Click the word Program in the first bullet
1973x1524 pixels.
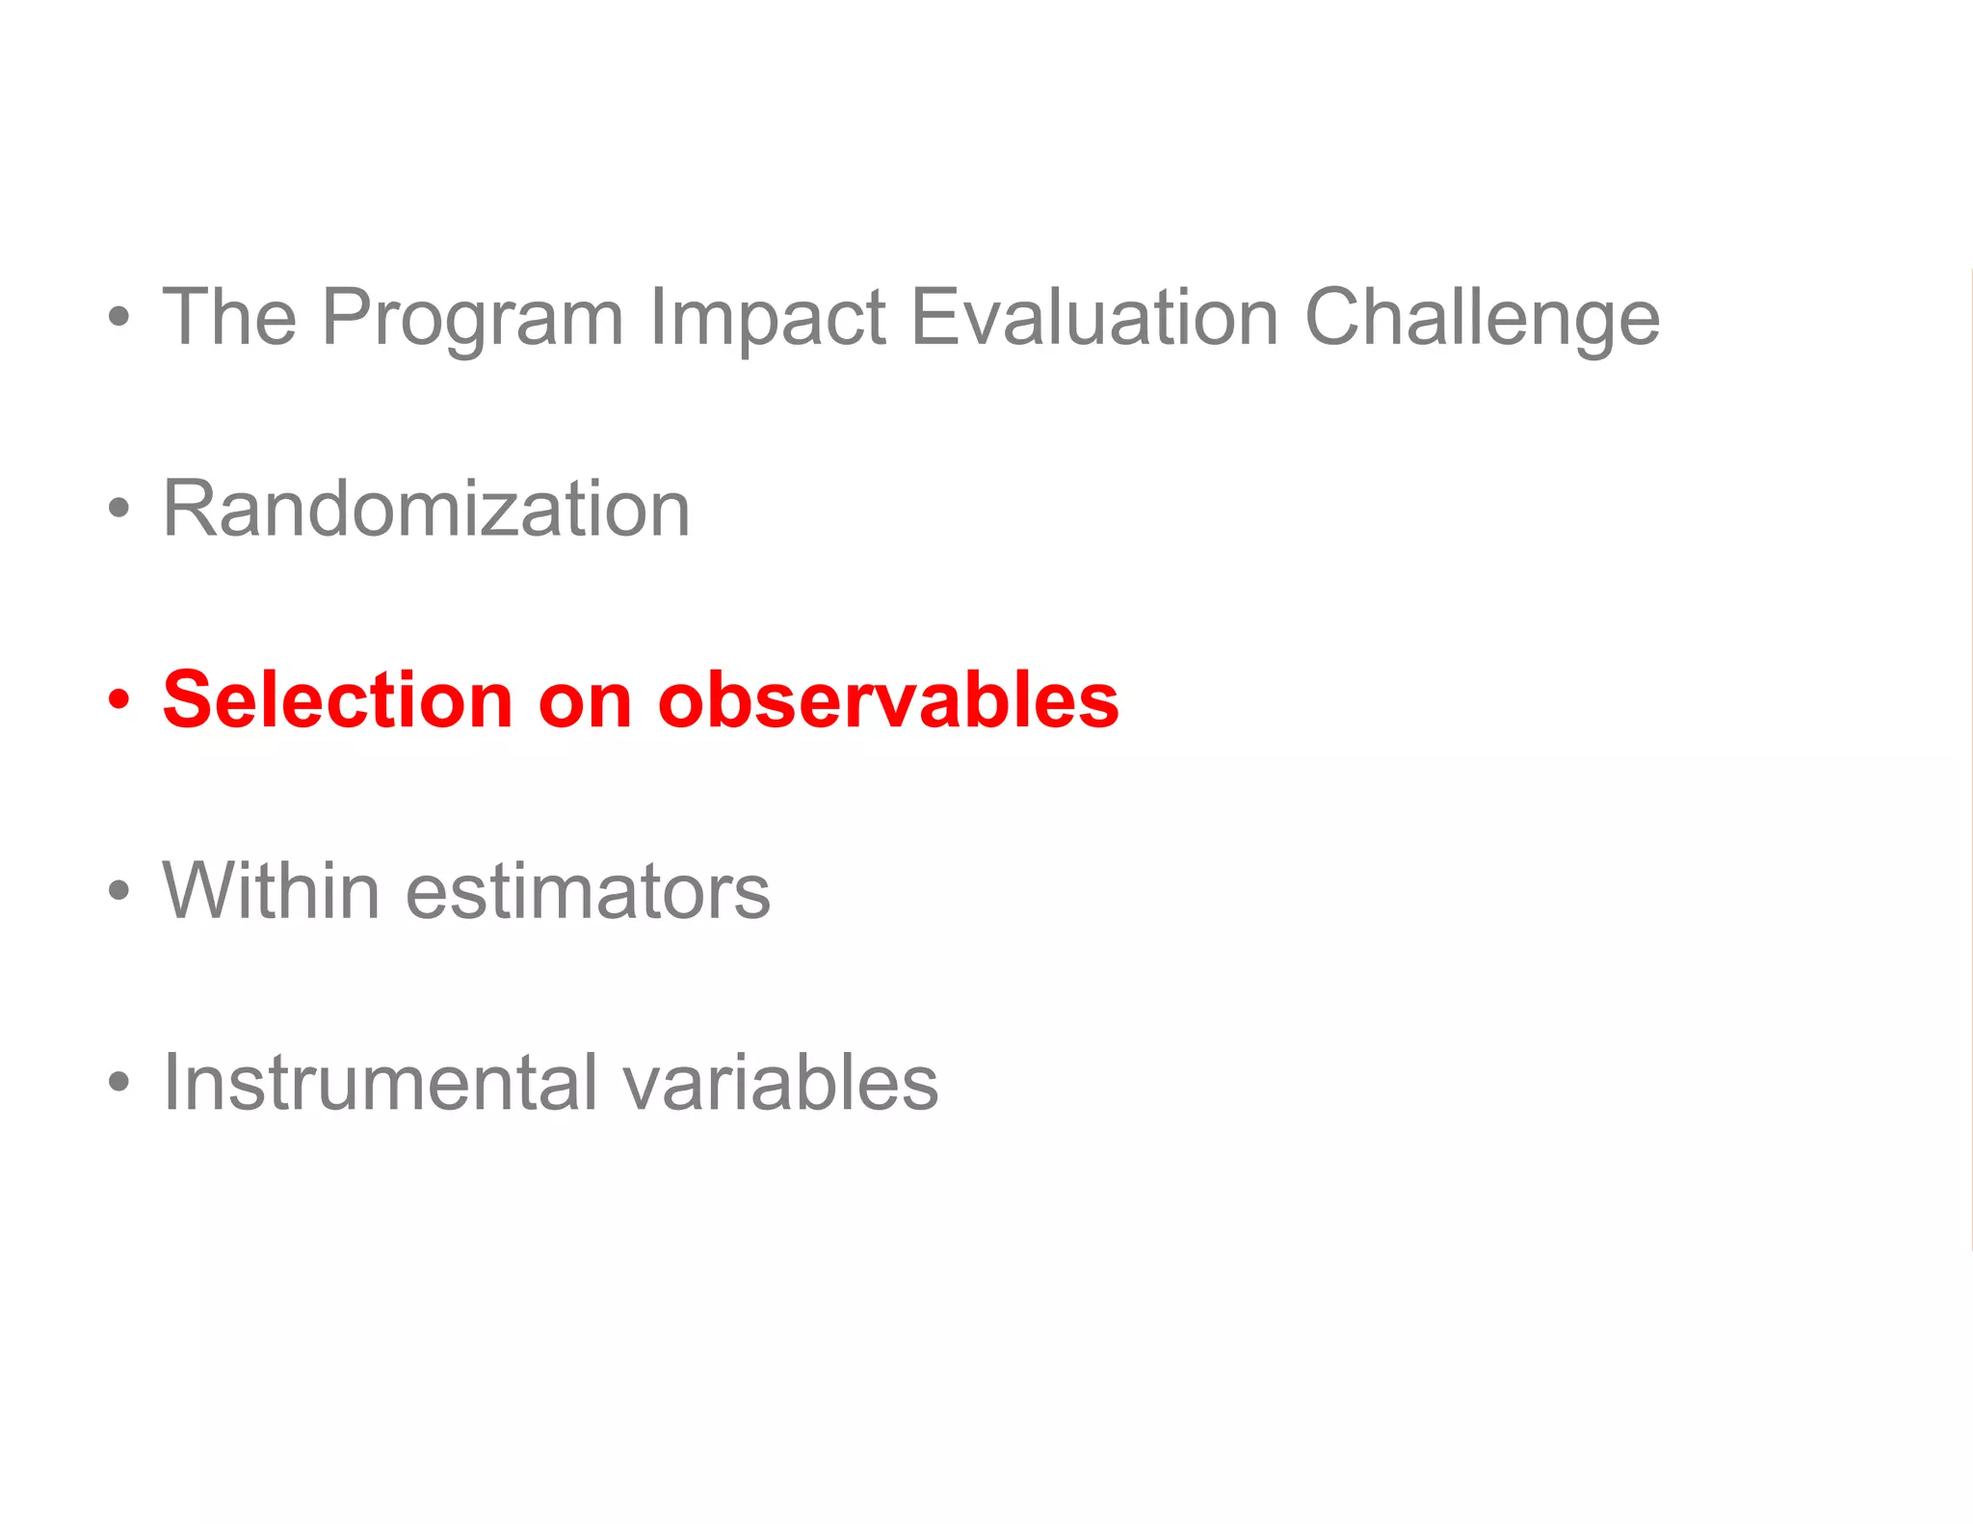click(x=472, y=318)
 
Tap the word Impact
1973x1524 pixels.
click(x=767, y=318)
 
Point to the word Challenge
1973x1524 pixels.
click(x=1482, y=318)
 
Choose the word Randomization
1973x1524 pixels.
click(x=426, y=509)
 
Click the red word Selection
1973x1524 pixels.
click(x=337, y=699)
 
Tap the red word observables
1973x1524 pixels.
click(x=887, y=699)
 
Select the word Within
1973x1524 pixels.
click(x=271, y=891)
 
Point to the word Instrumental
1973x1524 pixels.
click(x=381, y=1082)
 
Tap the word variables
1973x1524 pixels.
click(x=780, y=1082)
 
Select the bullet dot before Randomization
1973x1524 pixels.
click(x=118, y=509)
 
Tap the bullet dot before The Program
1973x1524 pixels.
click(x=118, y=317)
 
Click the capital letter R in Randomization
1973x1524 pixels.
click(x=190, y=509)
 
